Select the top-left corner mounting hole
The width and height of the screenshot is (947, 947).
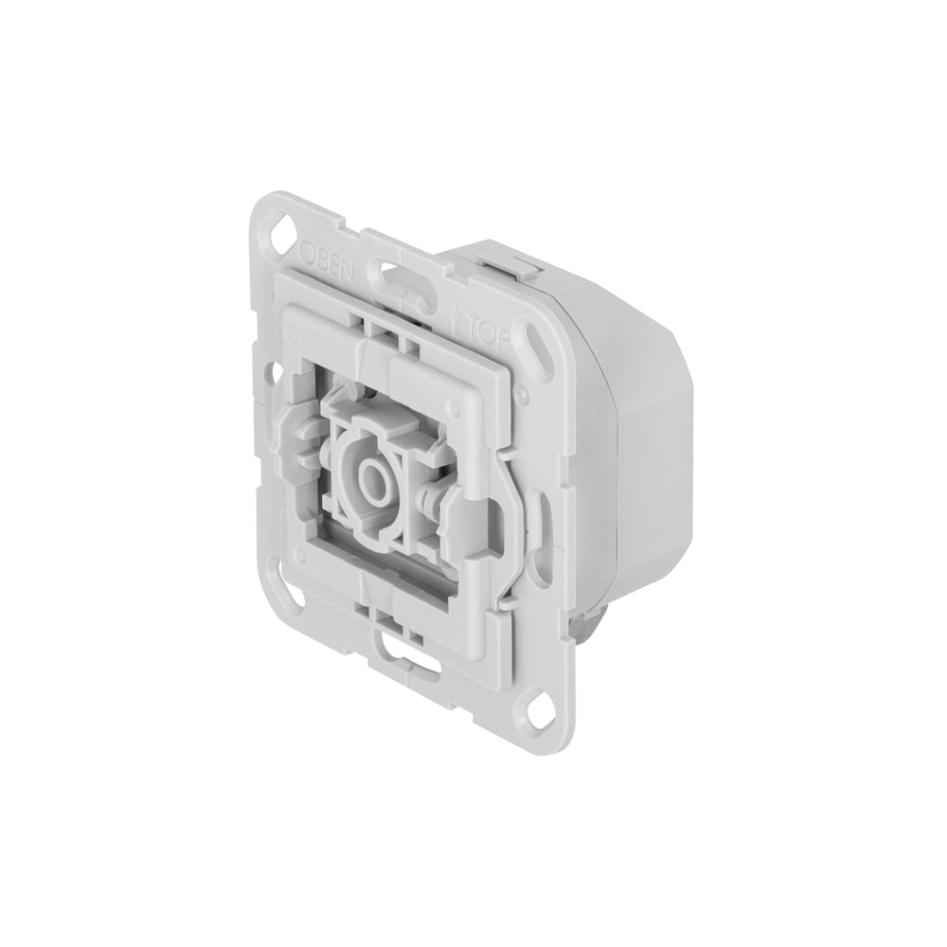click(x=282, y=230)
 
